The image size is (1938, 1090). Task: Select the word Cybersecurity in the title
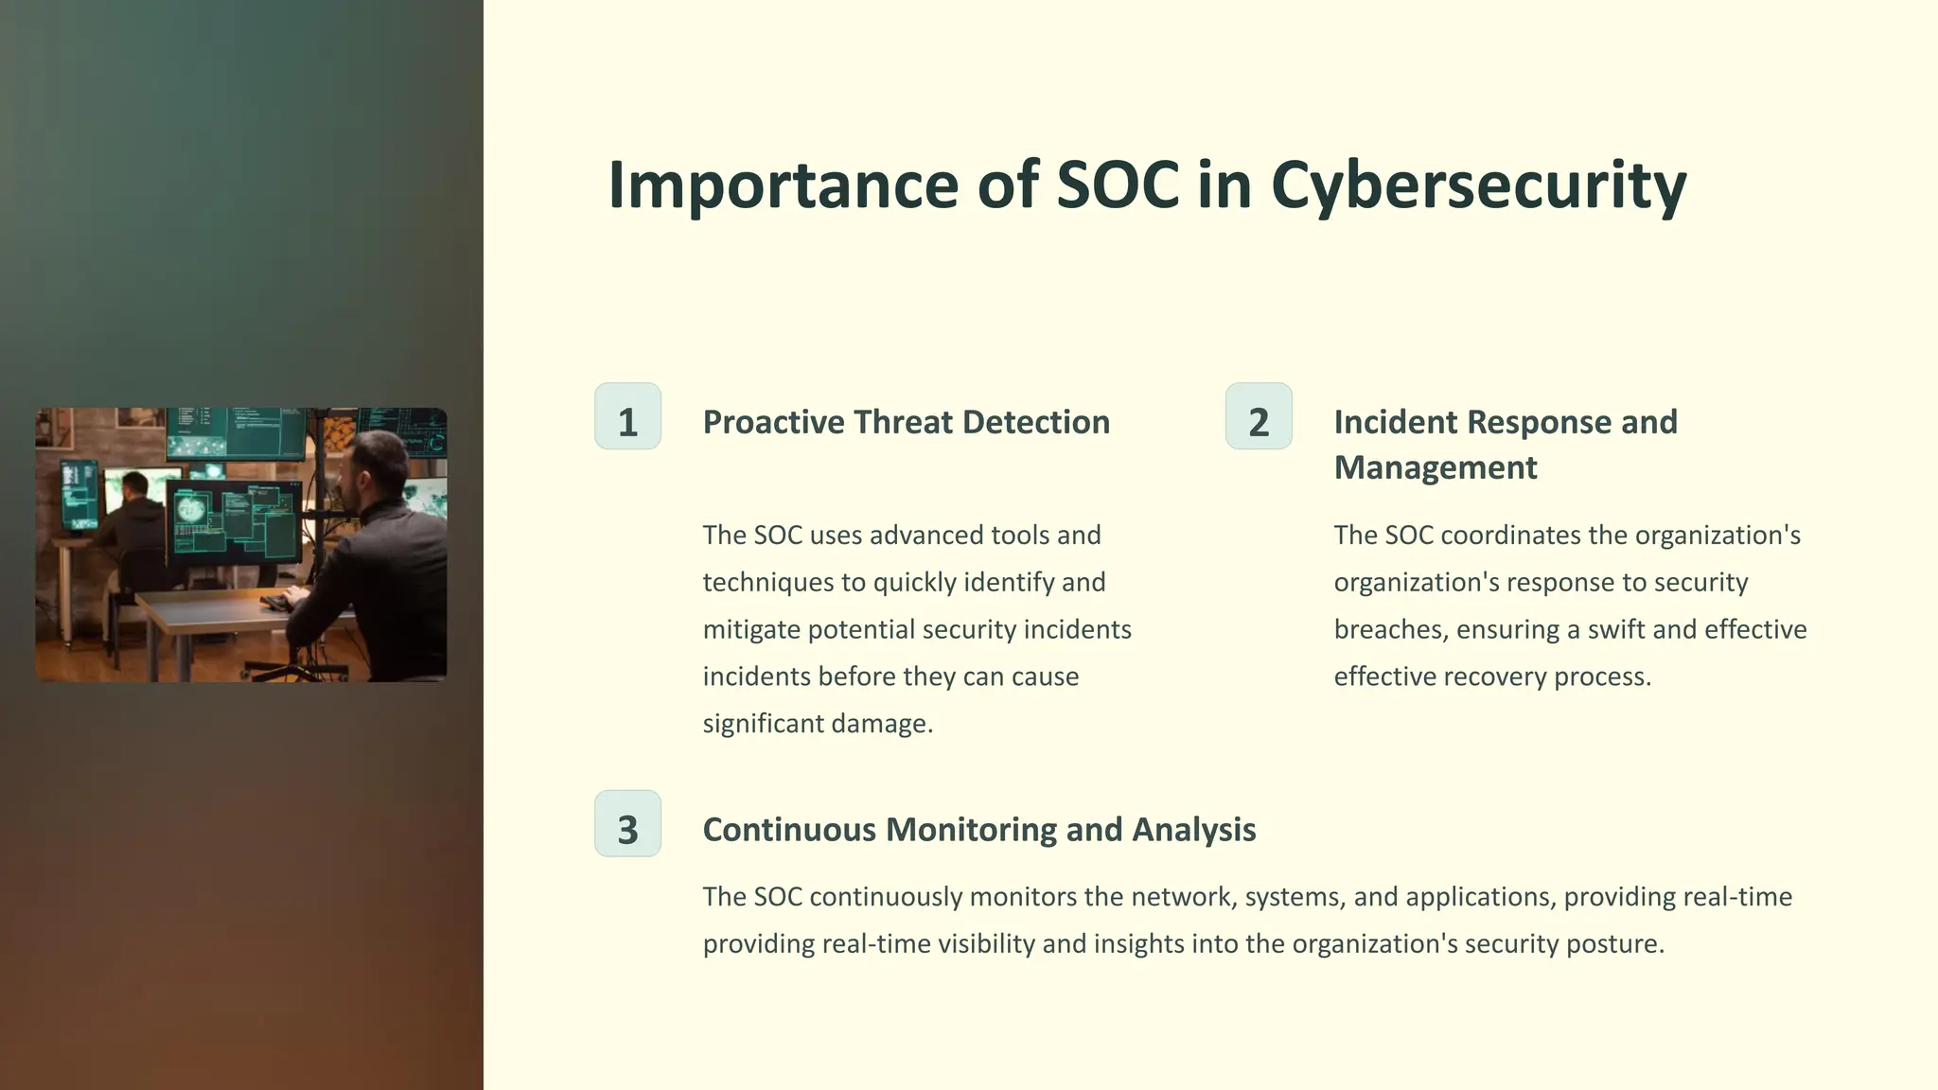click(1478, 185)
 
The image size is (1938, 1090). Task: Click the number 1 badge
click(627, 416)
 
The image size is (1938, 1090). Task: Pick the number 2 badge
click(1259, 416)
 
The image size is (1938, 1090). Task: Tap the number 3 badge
click(627, 824)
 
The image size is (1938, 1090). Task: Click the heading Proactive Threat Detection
click(906, 422)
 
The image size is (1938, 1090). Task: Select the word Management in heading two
click(1435, 467)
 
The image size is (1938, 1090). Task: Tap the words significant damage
click(818, 724)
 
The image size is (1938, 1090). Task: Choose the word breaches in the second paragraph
click(1390, 629)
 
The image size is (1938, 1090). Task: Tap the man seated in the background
click(132, 520)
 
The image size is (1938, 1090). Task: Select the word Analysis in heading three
click(1193, 830)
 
